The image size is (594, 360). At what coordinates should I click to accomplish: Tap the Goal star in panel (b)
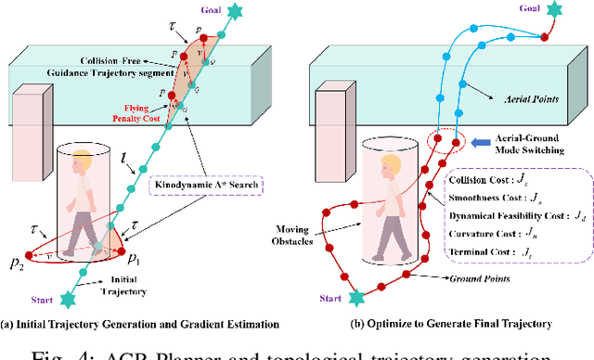click(x=554, y=9)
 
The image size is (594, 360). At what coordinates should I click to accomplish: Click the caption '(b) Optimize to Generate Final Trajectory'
click(x=449, y=323)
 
